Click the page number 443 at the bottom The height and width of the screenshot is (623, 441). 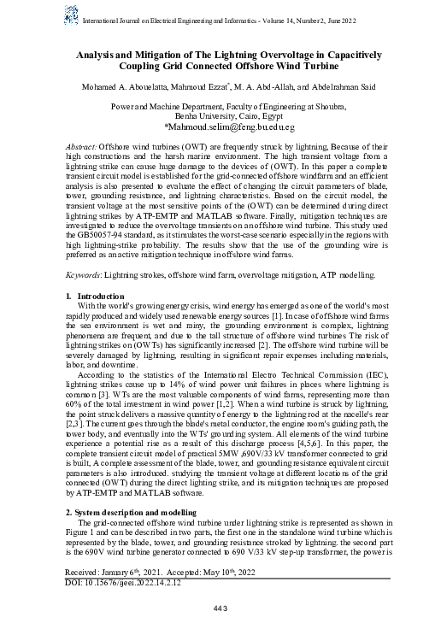[x=220, y=608]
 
